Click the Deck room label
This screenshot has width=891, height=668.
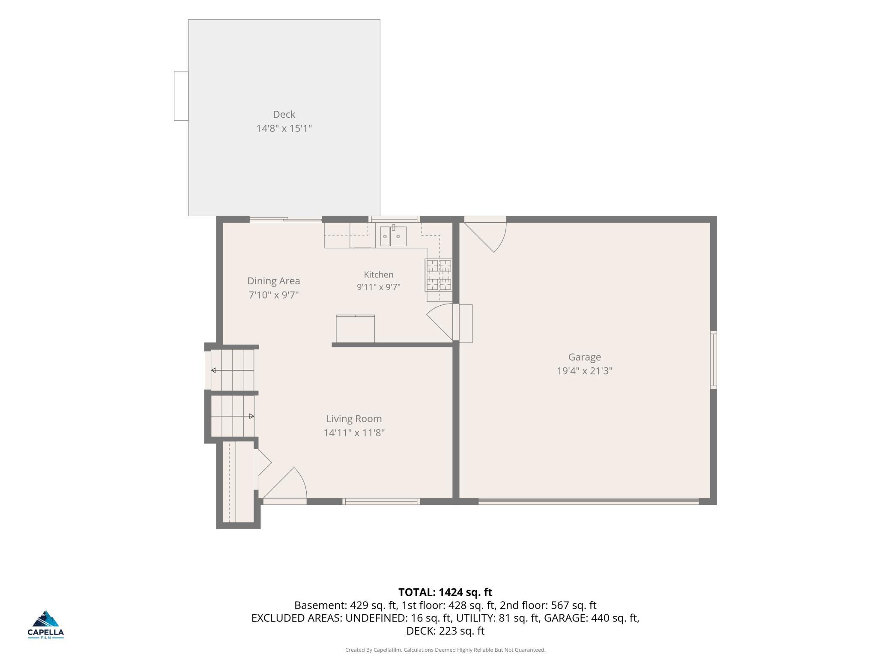point(284,114)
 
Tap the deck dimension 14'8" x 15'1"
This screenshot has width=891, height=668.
point(284,128)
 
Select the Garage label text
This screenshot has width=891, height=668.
point(584,357)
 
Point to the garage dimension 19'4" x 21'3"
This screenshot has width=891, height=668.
point(584,371)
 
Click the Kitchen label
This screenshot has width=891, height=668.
point(378,274)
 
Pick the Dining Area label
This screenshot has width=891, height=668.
point(273,281)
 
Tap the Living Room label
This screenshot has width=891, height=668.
point(354,419)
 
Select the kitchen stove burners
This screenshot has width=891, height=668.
point(439,274)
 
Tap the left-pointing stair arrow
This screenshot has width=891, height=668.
point(232,370)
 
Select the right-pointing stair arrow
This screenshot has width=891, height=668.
point(232,416)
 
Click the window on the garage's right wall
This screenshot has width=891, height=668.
point(713,360)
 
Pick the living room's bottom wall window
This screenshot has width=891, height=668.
point(381,501)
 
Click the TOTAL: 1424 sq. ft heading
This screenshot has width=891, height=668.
point(445,592)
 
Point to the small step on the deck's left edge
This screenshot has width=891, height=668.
point(181,96)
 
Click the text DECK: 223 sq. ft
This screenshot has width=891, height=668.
point(445,631)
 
